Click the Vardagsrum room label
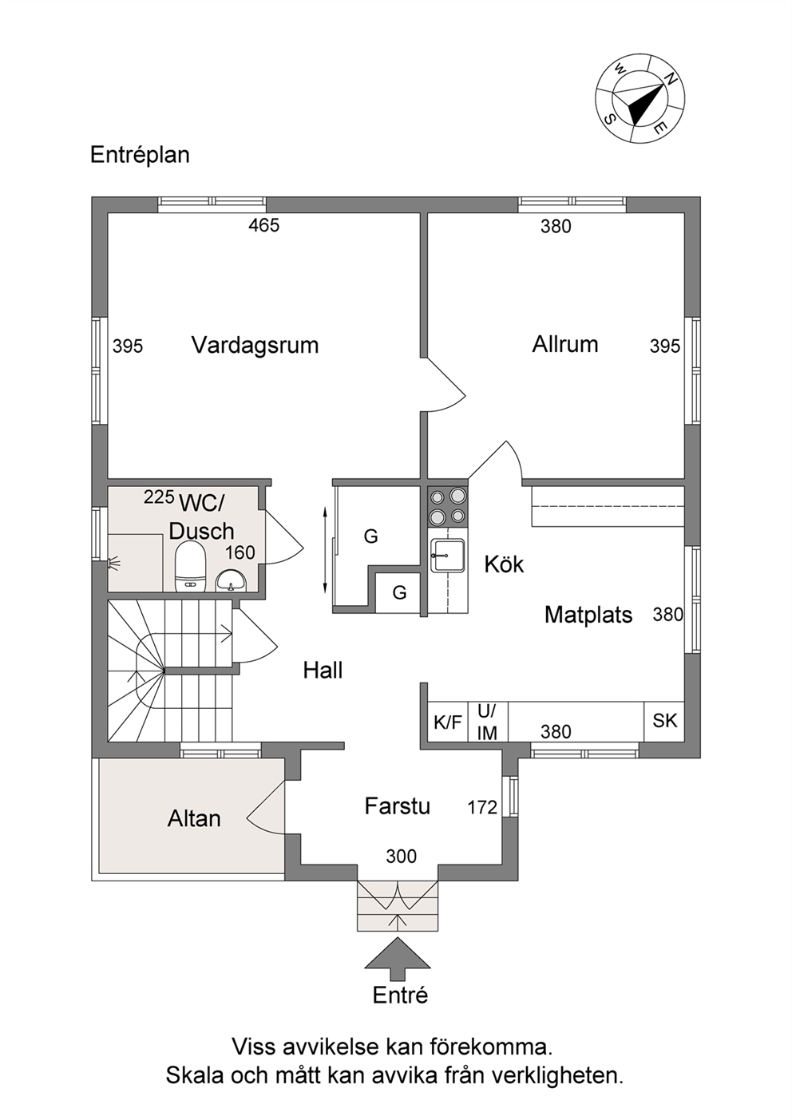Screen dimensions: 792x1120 click(x=255, y=345)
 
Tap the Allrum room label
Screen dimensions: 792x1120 click(x=565, y=345)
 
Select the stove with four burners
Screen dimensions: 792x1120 click(x=448, y=506)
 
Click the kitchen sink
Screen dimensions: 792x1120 click(x=449, y=555)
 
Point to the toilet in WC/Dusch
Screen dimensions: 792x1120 click(x=191, y=568)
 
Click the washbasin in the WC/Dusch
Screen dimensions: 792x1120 click(x=231, y=581)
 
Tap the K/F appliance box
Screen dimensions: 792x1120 click(x=448, y=722)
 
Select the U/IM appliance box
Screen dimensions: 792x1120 click(x=488, y=722)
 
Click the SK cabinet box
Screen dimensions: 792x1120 click(x=664, y=721)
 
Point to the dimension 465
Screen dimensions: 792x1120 click(x=264, y=225)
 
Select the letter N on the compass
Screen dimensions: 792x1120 click(x=670, y=79)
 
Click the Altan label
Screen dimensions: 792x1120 click(x=194, y=818)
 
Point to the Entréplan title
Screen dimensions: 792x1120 click(x=140, y=155)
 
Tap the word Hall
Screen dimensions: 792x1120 click(x=323, y=671)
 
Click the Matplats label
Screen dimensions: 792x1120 click(x=588, y=615)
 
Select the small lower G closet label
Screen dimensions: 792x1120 click(x=399, y=593)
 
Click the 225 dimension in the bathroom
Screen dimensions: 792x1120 click(x=159, y=497)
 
